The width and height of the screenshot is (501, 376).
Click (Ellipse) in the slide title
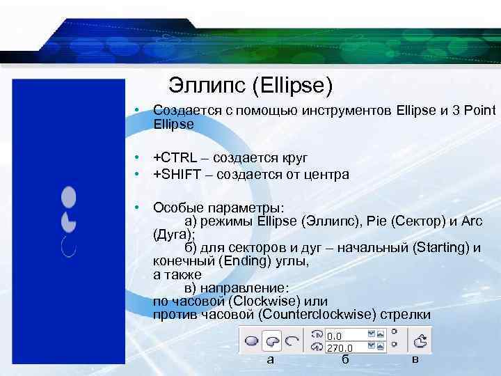tap(292, 86)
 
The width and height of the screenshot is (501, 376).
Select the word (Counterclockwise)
tap(317, 315)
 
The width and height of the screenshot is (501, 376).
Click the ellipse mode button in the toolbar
tap(252, 341)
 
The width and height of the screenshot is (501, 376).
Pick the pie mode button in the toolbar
tap(272, 341)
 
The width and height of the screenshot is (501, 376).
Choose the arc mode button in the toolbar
tap(292, 341)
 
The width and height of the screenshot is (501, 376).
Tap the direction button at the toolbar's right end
tap(420, 341)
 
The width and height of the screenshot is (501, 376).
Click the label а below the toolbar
tap(271, 359)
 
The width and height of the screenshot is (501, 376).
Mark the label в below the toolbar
tap(415, 359)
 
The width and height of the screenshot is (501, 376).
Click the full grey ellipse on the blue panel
tap(68, 198)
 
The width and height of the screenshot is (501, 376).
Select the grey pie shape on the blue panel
tap(68, 222)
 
